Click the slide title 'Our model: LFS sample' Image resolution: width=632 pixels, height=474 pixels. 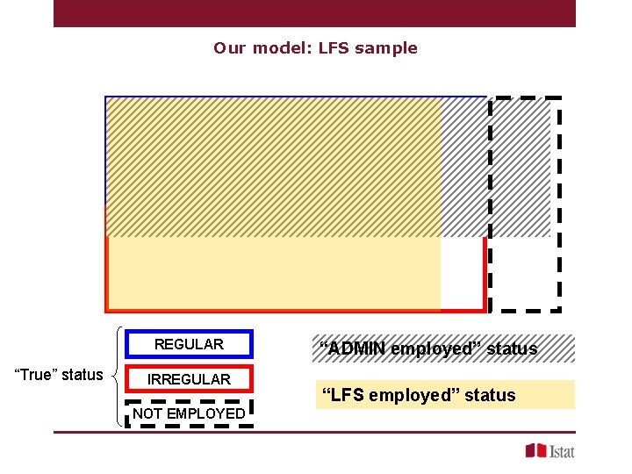click(315, 48)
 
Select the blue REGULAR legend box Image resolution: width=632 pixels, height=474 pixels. click(190, 344)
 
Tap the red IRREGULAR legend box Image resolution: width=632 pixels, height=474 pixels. click(190, 379)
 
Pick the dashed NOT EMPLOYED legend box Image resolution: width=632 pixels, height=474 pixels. click(190, 413)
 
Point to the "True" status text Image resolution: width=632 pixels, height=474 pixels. click(59, 375)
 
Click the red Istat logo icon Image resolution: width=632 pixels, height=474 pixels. click(535, 450)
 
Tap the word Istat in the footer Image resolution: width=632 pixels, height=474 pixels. click(562, 451)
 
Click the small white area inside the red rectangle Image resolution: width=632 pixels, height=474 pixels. click(462, 273)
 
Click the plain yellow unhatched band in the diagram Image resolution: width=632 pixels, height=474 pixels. click(272, 273)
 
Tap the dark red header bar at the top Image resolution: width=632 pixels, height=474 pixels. click(314, 13)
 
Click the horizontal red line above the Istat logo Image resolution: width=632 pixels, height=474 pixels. click(314, 432)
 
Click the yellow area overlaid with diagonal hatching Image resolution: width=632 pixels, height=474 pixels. click(272, 167)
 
